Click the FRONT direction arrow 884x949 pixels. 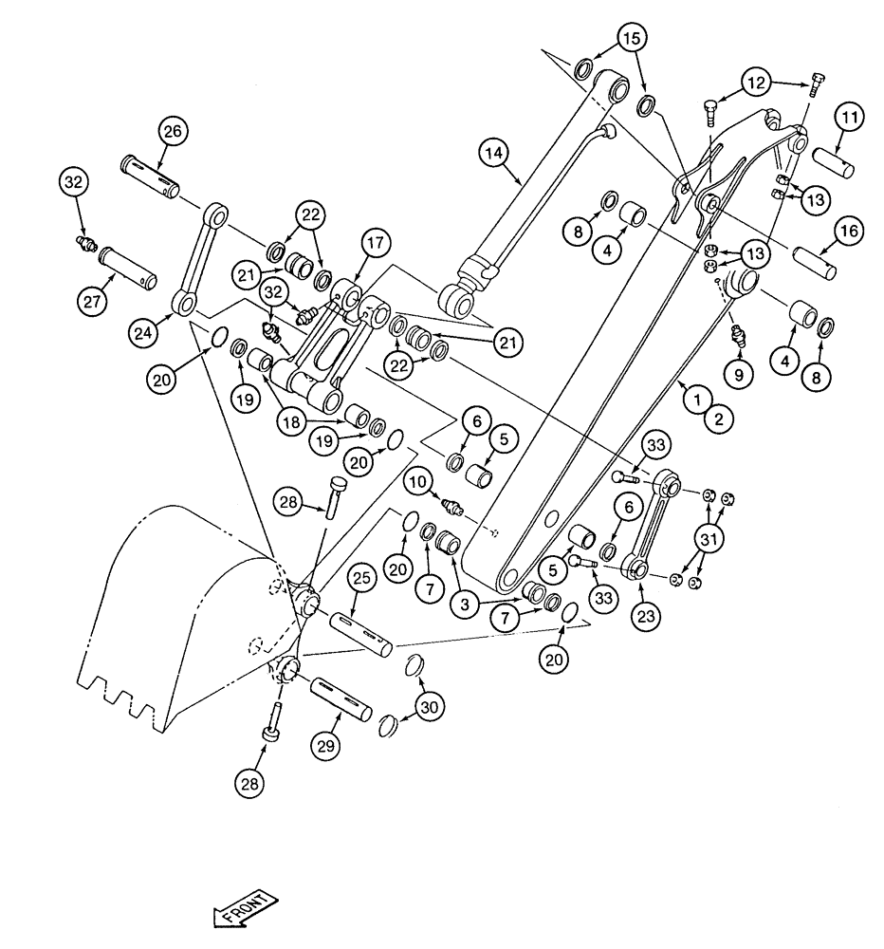tap(246, 906)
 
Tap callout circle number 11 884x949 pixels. tap(849, 119)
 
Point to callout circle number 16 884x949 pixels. tap(849, 230)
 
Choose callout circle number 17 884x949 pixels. tap(375, 243)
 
